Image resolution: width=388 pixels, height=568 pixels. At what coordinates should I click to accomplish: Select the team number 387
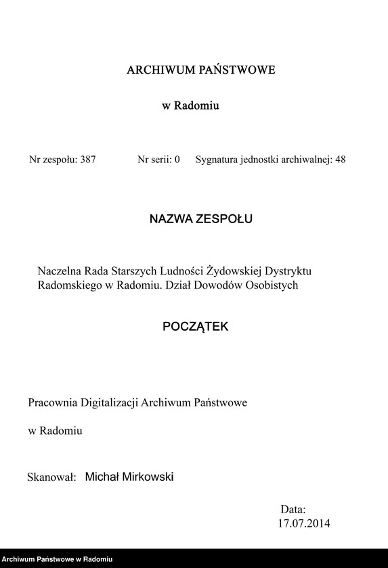pos(88,160)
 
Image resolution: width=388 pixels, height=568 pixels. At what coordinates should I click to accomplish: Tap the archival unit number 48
pos(340,160)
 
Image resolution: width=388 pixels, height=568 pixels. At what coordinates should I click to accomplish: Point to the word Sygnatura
pos(217,160)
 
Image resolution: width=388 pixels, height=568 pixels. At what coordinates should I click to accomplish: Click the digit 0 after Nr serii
pos(177,160)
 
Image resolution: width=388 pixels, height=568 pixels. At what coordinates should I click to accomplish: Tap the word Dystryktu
pos(288,270)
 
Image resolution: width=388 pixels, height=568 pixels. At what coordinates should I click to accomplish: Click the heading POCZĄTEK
pos(196,327)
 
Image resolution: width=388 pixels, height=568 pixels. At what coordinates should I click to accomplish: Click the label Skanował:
pos(51,477)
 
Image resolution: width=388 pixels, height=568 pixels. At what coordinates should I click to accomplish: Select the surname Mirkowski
pos(147,477)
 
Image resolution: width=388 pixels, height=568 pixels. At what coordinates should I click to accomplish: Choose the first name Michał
pos(101,477)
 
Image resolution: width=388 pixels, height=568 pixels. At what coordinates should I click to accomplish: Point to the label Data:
pos(293,509)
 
